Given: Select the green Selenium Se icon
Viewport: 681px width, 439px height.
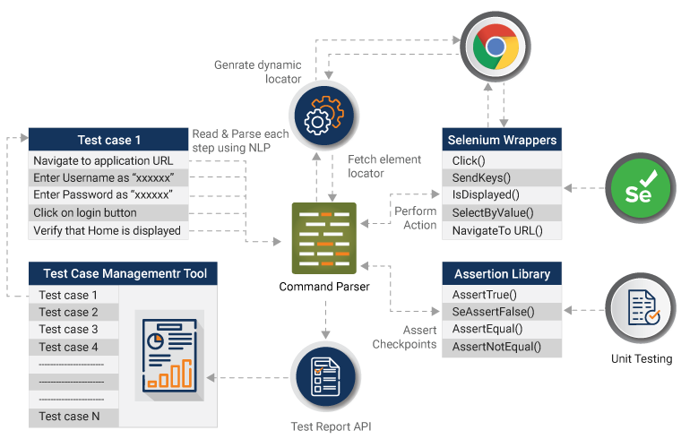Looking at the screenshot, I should pos(638,187).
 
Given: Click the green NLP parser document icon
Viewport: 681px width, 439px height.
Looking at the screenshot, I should pos(323,237).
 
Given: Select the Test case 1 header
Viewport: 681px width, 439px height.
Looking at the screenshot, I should pos(109,140).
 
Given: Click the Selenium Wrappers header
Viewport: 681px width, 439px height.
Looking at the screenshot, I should pos(502,140).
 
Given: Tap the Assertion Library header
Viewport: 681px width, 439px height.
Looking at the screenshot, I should pos(502,273).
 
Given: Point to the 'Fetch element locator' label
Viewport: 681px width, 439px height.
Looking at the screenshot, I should pos(384,166).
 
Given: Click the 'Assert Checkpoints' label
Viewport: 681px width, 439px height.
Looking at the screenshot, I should pos(403,337).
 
